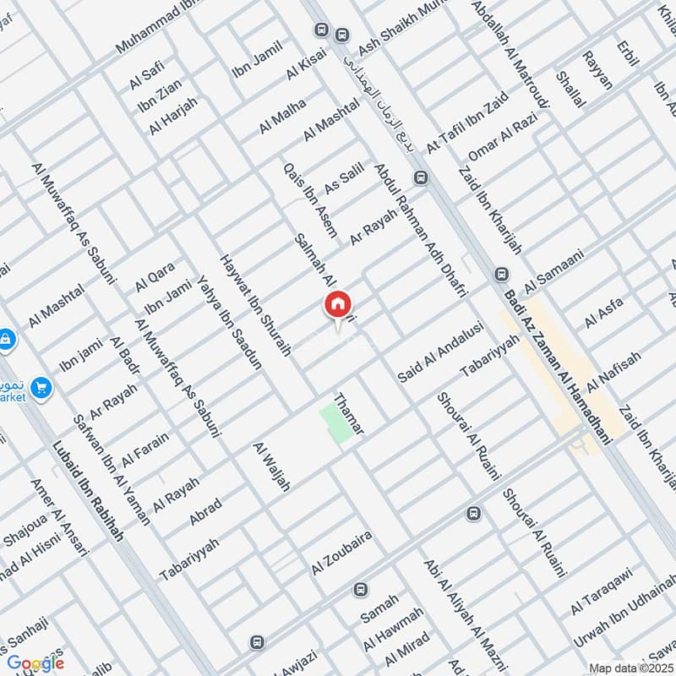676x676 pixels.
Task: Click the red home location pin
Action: pyautogui.click(x=337, y=304)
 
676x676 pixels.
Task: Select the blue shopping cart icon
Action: pyautogui.click(x=41, y=389)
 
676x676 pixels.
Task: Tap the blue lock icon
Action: pyautogui.click(x=5, y=339)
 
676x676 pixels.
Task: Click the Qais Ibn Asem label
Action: pyautogui.click(x=310, y=199)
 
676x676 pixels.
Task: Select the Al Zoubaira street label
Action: pyautogui.click(x=341, y=553)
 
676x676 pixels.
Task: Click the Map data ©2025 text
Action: pyautogui.click(x=629, y=668)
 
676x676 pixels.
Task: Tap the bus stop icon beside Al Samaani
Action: pyautogui.click(x=501, y=275)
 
